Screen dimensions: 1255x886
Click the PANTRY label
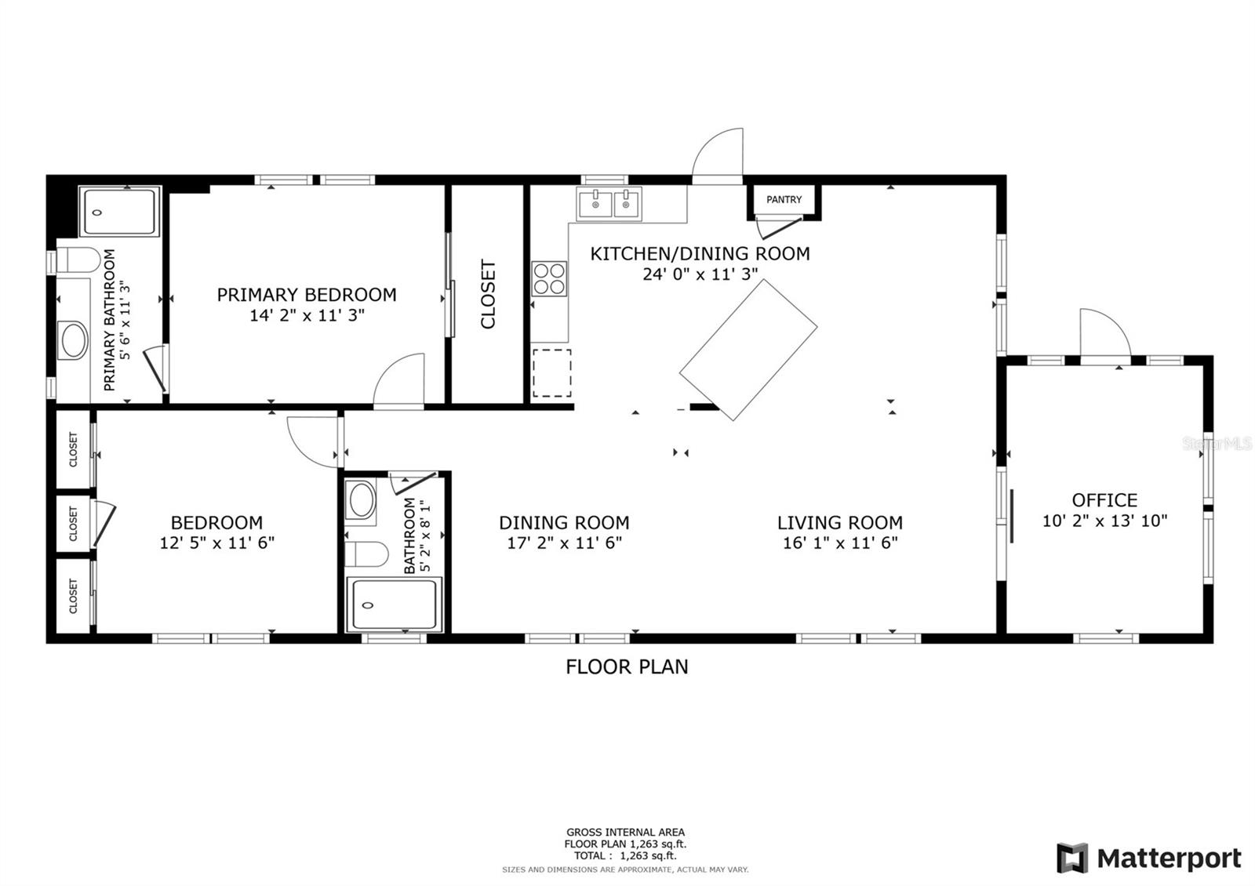click(784, 199)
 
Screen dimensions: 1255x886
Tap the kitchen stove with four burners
click(549, 278)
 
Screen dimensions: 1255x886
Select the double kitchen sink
click(609, 204)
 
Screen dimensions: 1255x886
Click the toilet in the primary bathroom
click(78, 260)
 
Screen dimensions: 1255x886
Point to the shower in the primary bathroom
click(119, 212)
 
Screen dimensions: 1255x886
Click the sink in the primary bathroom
click(74, 340)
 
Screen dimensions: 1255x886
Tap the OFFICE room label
click(1104, 499)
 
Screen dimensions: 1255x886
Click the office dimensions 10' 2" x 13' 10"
click(1104, 521)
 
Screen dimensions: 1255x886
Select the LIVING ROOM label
click(840, 522)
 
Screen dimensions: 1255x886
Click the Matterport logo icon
click(1071, 858)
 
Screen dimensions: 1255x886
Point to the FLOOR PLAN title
click(627, 667)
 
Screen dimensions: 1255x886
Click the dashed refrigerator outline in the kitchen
click(552, 373)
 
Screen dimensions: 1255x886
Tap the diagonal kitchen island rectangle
click(748, 350)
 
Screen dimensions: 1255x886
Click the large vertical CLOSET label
click(488, 294)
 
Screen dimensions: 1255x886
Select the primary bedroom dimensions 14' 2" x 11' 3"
click(307, 315)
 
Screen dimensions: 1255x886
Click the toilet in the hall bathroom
click(366, 554)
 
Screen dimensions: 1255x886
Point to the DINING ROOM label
click(564, 522)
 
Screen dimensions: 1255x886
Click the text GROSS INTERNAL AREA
click(625, 832)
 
